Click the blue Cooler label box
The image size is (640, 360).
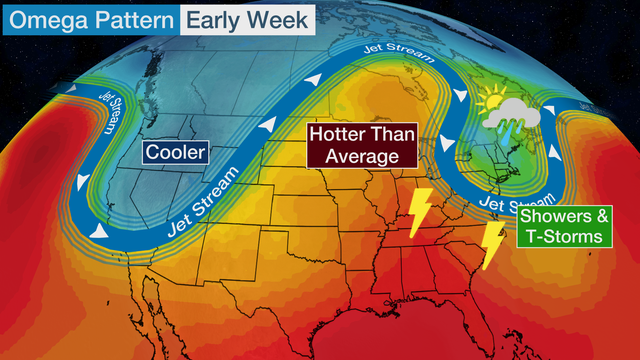[175, 153]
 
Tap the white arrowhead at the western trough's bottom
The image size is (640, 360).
[99, 231]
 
